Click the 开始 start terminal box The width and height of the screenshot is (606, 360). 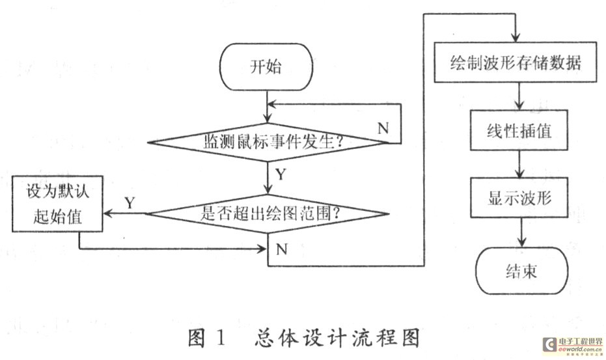point(266,68)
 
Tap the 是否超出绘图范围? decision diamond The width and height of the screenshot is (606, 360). point(266,213)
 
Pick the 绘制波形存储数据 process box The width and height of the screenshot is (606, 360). point(515,64)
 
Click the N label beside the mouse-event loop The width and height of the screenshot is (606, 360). point(383,128)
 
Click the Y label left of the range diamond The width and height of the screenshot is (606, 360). point(130,203)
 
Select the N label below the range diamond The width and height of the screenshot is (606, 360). point(282,249)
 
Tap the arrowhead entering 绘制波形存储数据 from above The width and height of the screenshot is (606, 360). point(517,40)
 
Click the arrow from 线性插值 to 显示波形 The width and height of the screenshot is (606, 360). point(519,165)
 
